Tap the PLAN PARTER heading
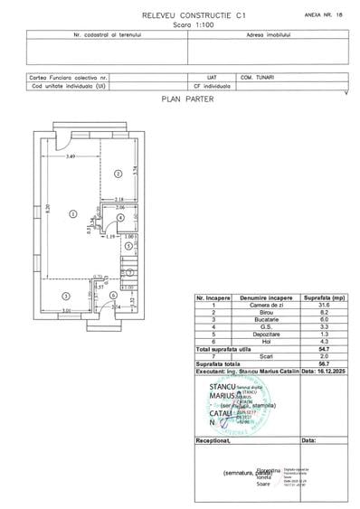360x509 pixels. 186,100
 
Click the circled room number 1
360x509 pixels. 71,213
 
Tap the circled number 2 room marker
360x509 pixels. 118,172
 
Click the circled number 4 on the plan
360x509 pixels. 120,218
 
